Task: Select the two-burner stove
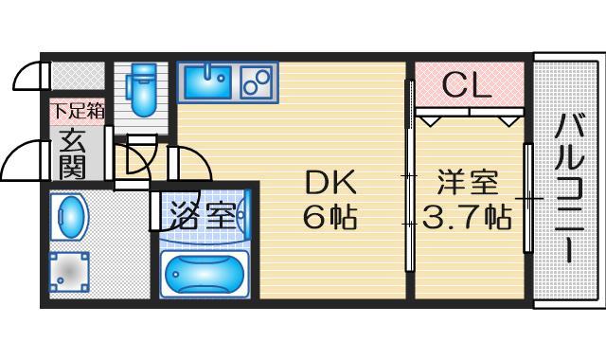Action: click(x=256, y=82)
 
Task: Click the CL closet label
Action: click(x=468, y=86)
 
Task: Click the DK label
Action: click(x=328, y=181)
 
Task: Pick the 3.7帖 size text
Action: click(x=467, y=218)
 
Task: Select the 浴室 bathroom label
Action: click(x=204, y=212)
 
